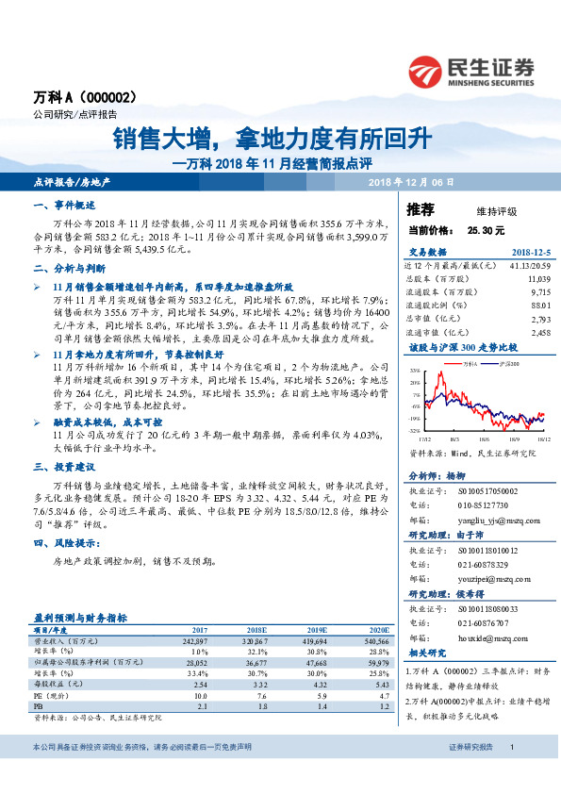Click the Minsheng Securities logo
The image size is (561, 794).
click(x=470, y=70)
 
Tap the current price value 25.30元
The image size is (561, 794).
click(x=485, y=229)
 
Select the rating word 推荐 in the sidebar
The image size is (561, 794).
click(x=421, y=208)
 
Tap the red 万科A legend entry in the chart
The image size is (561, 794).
click(x=465, y=362)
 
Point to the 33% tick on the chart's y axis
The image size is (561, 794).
click(x=414, y=372)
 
